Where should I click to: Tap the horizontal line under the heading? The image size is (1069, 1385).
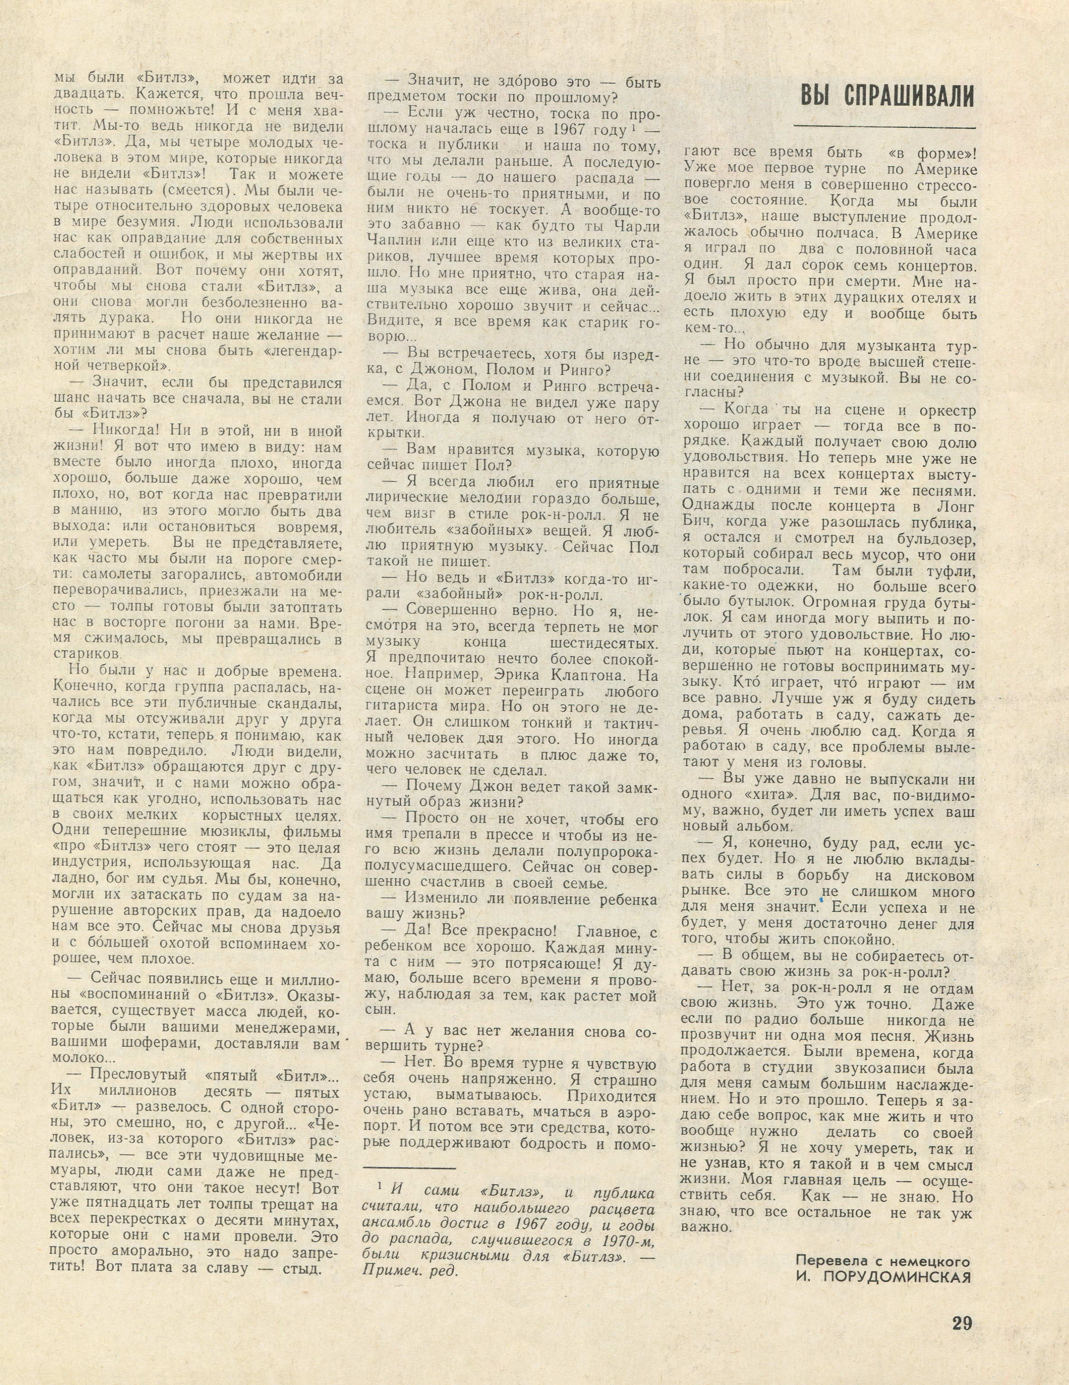pyautogui.click(x=884, y=128)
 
